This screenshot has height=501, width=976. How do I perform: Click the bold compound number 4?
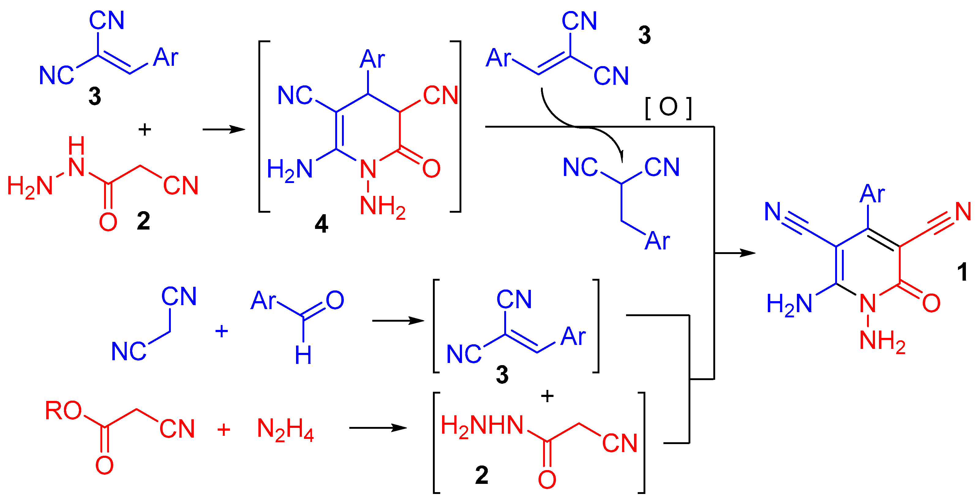(321, 224)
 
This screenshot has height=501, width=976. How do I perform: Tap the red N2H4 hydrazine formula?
(285, 430)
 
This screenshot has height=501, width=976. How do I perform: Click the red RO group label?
(63, 411)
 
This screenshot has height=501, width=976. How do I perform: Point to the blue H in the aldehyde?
(303, 355)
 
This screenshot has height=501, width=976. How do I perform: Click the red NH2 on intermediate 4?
(383, 206)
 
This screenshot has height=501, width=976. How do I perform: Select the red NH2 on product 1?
(882, 341)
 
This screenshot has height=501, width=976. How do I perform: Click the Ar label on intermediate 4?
(372, 59)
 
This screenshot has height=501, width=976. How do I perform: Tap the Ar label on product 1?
(872, 194)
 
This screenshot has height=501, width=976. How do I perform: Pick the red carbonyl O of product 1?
(931, 303)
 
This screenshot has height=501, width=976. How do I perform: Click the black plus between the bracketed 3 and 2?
(547, 396)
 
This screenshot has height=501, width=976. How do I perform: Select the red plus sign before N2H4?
(223, 430)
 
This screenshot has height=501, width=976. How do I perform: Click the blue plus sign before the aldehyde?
(222, 332)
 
